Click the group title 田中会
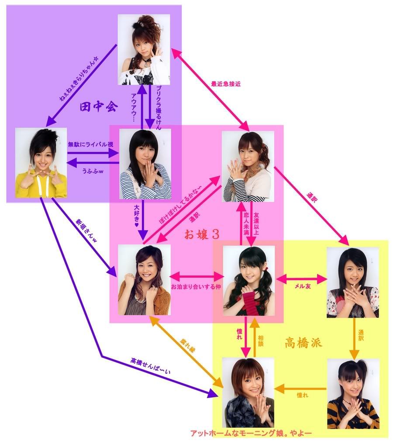point(99,107)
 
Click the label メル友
point(301,286)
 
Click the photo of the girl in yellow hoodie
point(41,162)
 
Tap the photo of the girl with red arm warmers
point(249,281)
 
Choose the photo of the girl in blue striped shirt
point(145,164)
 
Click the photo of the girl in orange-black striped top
point(353,394)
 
